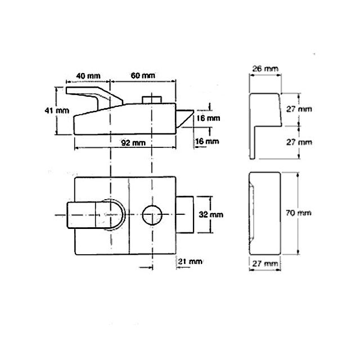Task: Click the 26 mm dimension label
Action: (263, 69)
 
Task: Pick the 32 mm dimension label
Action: (211, 214)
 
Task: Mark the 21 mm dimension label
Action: (189, 262)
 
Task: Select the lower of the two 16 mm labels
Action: (208, 141)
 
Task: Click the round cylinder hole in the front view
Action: (152, 214)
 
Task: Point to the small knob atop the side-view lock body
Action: (151, 100)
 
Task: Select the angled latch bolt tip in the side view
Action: (185, 119)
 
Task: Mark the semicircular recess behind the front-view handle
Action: (117, 214)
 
